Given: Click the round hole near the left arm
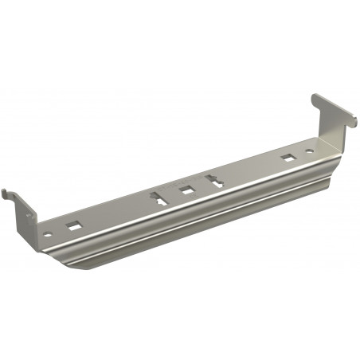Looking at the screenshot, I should [48, 234].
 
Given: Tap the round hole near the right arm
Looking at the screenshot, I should [310, 150].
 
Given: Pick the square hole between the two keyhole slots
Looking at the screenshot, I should [187, 190].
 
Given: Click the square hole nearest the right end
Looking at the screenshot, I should [287, 157].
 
